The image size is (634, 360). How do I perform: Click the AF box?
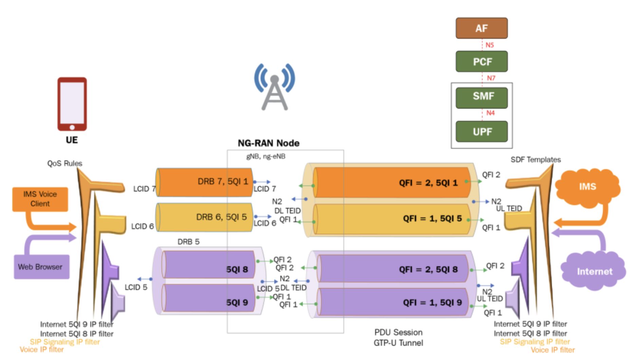click(x=481, y=28)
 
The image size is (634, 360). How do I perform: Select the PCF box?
click(x=481, y=61)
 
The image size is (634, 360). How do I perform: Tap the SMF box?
click(x=481, y=97)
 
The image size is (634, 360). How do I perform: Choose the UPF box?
click(x=481, y=131)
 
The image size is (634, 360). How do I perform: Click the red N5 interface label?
click(x=489, y=45)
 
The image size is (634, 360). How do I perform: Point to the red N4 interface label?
click(x=490, y=113)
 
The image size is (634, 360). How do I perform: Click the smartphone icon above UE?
click(x=72, y=104)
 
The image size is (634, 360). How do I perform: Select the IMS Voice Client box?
click(x=40, y=199)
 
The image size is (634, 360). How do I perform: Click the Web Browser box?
click(x=41, y=267)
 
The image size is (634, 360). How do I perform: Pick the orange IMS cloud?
click(x=588, y=186)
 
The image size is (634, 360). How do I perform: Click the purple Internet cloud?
click(x=594, y=271)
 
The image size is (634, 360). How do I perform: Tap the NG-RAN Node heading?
click(x=268, y=143)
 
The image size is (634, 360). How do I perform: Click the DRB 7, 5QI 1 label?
click(x=223, y=181)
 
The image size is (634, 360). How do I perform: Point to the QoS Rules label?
click(x=64, y=163)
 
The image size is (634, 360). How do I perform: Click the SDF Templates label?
click(x=536, y=160)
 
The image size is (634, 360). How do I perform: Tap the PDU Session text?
click(x=398, y=332)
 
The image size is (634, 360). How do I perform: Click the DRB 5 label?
click(x=188, y=242)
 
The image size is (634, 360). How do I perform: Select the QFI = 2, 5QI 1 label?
click(x=428, y=183)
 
